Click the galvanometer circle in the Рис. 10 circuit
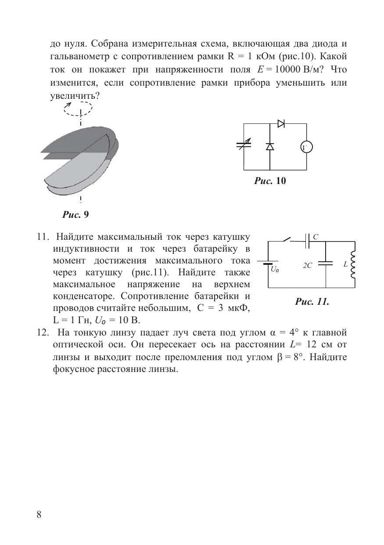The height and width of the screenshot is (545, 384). [306, 147]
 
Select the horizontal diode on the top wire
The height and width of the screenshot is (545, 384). [281, 124]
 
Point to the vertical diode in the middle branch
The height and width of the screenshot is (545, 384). [269, 147]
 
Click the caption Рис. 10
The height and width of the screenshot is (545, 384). [270, 180]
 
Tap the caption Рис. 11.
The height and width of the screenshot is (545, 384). [312, 302]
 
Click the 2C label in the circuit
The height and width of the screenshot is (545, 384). [307, 266]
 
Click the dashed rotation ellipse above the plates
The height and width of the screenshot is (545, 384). [78, 108]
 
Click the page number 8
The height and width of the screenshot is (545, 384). [39, 515]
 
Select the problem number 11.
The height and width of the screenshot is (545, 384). [42, 237]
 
